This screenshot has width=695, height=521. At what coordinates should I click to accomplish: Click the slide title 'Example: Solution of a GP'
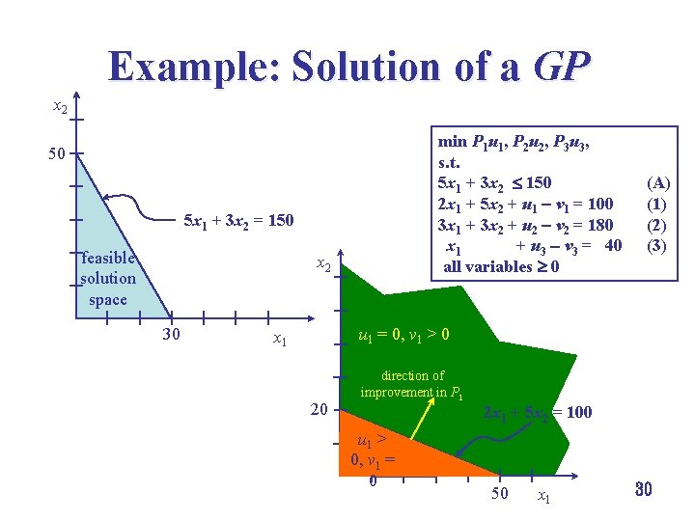click(x=349, y=67)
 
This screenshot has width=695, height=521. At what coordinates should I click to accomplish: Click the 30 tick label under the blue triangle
click(x=171, y=335)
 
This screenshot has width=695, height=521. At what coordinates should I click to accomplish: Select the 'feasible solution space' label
click(x=107, y=279)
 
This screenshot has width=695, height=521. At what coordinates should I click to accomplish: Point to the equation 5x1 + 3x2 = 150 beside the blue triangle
click(x=238, y=221)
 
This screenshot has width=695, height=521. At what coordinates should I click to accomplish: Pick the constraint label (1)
click(x=658, y=204)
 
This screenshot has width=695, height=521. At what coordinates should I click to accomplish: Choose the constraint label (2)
click(x=658, y=225)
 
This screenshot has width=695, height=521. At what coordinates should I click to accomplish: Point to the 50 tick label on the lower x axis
click(x=500, y=494)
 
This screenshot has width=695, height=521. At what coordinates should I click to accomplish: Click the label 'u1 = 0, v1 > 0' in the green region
click(x=403, y=336)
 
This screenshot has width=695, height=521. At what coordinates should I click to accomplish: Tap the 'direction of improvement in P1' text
click(x=412, y=383)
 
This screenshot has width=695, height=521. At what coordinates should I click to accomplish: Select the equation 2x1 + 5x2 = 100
click(x=537, y=412)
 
